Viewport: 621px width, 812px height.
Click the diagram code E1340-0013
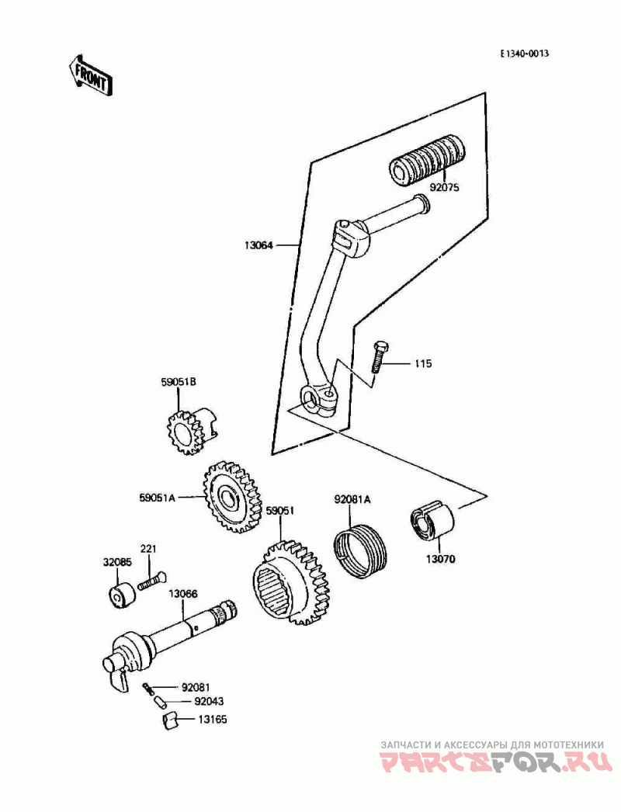[x=524, y=54]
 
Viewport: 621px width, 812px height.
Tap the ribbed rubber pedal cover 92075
[x=428, y=160]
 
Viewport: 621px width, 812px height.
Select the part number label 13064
[x=259, y=245]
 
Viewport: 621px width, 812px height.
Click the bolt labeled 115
[x=379, y=357]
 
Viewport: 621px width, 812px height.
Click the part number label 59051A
[x=157, y=498]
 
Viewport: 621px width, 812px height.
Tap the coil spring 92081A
[x=359, y=551]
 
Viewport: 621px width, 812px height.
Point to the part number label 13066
[x=182, y=594]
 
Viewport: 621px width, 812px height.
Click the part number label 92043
[x=210, y=702]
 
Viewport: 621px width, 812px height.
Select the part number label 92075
[x=444, y=188]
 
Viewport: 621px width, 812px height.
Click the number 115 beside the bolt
[x=422, y=363]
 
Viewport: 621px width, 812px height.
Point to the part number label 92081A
[x=352, y=500]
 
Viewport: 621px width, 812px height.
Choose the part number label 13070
[x=441, y=560]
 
